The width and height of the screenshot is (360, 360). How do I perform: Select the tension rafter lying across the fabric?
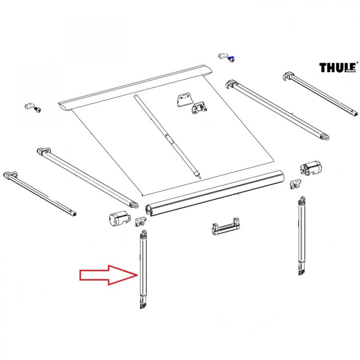tap(168, 136)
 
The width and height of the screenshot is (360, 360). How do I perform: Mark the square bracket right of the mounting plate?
tap(199, 108)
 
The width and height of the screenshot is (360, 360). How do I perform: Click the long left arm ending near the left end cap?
tap(86, 176)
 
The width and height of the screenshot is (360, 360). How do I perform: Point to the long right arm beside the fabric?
tap(277, 110)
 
